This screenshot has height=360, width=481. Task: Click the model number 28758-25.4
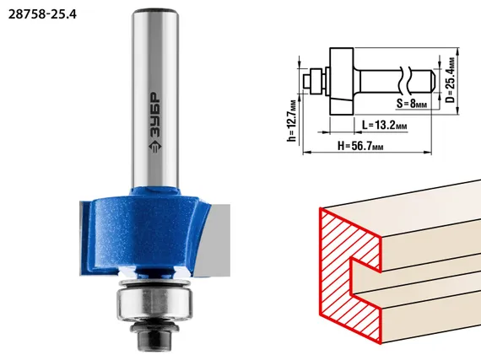tap(42, 14)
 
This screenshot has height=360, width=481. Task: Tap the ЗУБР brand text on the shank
tap(155, 115)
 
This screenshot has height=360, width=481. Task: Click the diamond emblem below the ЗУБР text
tap(155, 146)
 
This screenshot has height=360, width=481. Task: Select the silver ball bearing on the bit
tap(154, 304)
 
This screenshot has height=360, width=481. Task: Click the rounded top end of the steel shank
tap(155, 13)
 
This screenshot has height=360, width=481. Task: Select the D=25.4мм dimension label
tap(451, 80)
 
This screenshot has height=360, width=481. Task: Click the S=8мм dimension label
tap(412, 104)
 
